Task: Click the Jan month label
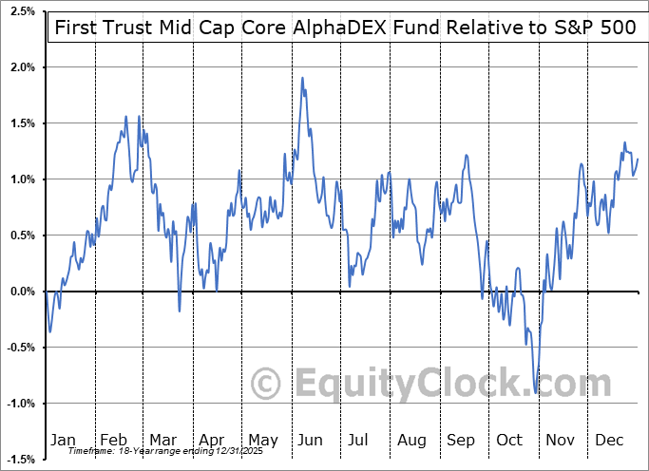point(62,440)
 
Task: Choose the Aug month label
point(411,440)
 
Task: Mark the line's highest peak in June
point(302,78)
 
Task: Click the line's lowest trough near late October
point(536,392)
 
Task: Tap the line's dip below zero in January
point(49,330)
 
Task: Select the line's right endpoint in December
point(638,159)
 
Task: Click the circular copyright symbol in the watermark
point(266,384)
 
